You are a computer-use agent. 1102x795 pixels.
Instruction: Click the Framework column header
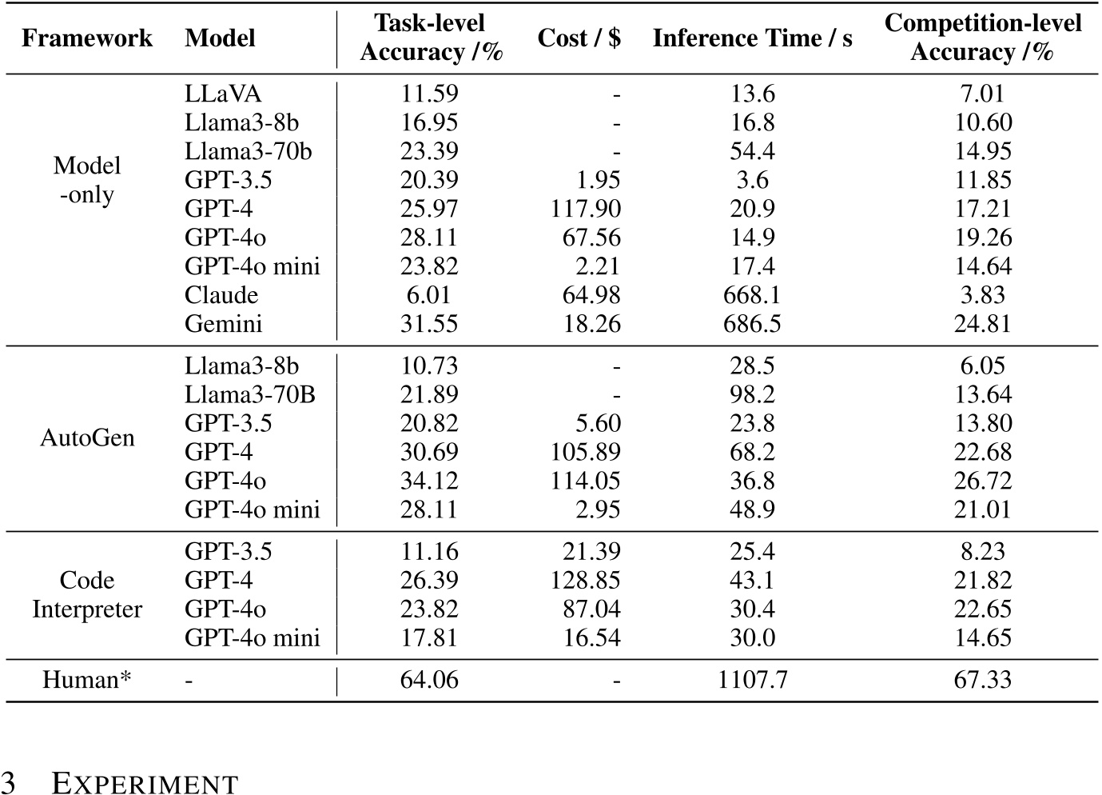[x=86, y=38]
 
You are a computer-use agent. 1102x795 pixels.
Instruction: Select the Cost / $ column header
[x=579, y=38]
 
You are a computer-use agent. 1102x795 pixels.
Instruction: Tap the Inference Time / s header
[x=752, y=38]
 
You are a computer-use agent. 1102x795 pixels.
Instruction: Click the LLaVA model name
[x=223, y=94]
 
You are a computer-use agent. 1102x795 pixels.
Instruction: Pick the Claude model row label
[x=221, y=295]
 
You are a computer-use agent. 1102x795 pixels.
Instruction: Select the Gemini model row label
[x=224, y=324]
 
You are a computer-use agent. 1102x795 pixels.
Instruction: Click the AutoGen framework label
[x=87, y=437]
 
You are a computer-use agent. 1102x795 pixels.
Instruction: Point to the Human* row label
[x=86, y=680]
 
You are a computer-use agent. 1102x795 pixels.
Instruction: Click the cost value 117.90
[x=585, y=209]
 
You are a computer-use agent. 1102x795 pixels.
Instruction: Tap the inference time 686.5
[x=752, y=324]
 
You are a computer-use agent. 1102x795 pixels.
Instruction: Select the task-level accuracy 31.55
[x=429, y=324]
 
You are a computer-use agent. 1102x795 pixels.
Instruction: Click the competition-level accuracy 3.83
[x=982, y=295]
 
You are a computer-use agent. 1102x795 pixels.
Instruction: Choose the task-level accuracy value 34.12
[x=429, y=481]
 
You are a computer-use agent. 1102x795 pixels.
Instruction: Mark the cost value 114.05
[x=585, y=481]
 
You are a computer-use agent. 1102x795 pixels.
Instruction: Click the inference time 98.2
[x=752, y=394]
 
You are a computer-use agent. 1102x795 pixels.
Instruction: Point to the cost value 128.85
[x=585, y=580]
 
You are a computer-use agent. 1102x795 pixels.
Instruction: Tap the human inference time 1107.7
[x=752, y=680]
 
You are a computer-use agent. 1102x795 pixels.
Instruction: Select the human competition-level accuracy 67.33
[x=982, y=680]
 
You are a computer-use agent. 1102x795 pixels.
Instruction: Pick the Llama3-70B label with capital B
[x=250, y=394]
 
